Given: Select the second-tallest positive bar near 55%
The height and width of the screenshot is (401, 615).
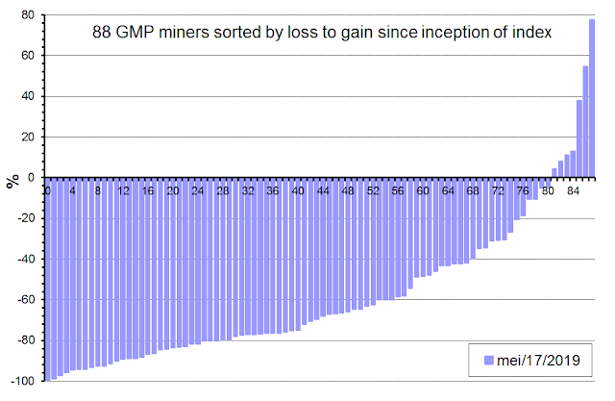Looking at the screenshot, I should point(585,121).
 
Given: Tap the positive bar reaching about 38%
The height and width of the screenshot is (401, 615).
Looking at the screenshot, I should point(579,138).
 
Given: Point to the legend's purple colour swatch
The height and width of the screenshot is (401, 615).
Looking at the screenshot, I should point(489,361).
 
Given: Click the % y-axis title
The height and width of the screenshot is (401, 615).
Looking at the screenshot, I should point(12,180).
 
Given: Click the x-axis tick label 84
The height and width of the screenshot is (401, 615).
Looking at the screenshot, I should point(573,191).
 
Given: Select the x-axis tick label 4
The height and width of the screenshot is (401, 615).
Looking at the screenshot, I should point(72,191).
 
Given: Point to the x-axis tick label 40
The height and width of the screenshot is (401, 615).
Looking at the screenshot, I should point(298,191).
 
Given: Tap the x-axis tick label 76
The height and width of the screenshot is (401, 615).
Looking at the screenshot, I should point(523,191).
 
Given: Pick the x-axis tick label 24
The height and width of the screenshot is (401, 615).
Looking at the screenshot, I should point(198,191).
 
